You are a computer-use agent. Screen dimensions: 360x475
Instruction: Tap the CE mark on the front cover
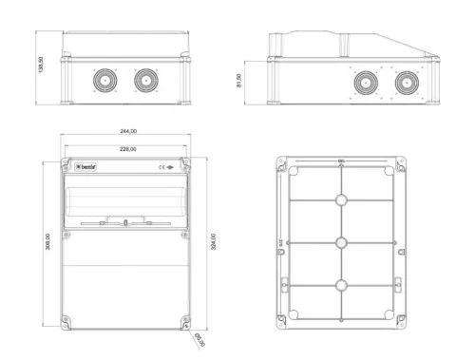[x=163, y=166]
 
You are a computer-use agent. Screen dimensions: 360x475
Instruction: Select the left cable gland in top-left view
[x=103, y=82]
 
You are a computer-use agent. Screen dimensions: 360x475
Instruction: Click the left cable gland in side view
[x=363, y=84]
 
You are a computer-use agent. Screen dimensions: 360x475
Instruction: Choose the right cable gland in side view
[x=406, y=84]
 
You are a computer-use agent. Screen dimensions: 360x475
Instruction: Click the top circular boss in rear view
[x=341, y=201]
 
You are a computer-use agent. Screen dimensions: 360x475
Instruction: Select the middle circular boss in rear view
[x=341, y=242]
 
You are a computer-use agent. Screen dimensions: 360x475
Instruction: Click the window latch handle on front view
[x=125, y=222]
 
